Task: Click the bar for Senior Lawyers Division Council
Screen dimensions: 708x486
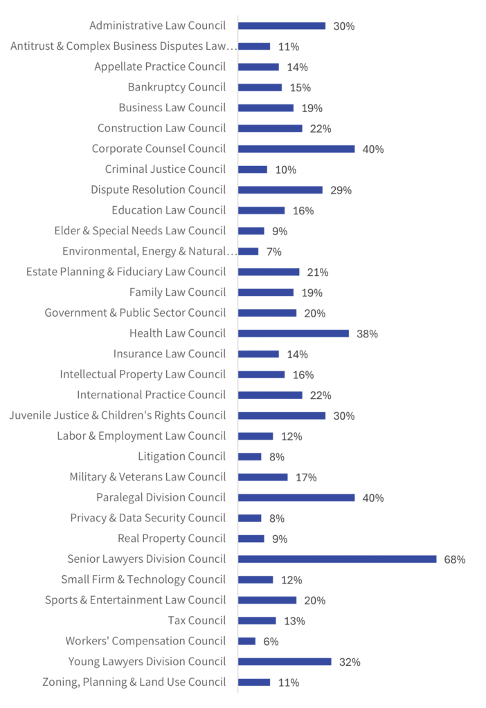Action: point(337,559)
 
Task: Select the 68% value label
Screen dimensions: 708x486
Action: point(455,559)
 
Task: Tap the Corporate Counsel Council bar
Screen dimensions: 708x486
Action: point(296,149)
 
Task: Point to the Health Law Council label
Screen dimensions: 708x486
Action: point(177,333)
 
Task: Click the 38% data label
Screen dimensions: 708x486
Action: point(367,334)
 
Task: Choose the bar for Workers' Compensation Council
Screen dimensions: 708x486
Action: point(246,641)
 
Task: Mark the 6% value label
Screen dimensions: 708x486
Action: point(271,642)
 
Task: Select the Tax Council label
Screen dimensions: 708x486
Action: point(197,620)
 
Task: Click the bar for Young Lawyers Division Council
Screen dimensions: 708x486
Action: point(285,661)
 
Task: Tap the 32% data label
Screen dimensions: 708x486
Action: point(350,662)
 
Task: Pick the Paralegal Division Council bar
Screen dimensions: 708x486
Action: point(296,497)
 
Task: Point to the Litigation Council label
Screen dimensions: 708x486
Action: point(181,456)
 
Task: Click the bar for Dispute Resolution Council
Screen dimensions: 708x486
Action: point(280,189)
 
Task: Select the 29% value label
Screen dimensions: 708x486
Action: point(341,190)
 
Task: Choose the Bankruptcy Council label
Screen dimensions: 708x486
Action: point(177,87)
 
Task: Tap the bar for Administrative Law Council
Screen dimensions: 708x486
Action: point(282,26)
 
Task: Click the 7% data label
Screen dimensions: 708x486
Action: point(273,252)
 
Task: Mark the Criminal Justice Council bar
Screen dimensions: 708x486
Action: point(253,169)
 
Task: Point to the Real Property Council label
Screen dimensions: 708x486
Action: point(172,538)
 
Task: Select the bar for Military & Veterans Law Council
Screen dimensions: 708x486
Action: point(263,476)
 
